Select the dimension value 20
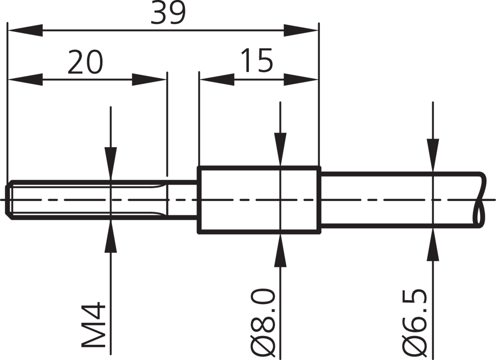pyautogui.click(x=85, y=61)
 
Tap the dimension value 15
pyautogui.click(x=257, y=60)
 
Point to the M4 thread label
pyautogui.click(x=93, y=325)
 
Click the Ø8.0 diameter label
pyautogui.click(x=264, y=323)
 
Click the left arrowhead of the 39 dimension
pyautogui.click(x=25, y=30)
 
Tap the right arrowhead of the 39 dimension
pyautogui.click(x=301, y=30)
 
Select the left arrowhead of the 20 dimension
pyautogui.click(x=25, y=80)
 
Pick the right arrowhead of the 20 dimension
pyautogui.click(x=149, y=80)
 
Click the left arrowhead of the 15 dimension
pyautogui.click(x=217, y=80)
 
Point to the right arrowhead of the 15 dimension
pyautogui.click(x=301, y=80)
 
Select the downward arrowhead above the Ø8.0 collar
pyautogui.click(x=280, y=149)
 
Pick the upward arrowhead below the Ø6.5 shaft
pyautogui.click(x=433, y=244)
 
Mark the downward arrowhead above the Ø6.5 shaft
pyautogui.click(x=433, y=155)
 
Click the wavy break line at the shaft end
pyautogui.click(x=480, y=200)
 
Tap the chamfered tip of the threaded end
pyautogui.click(x=9, y=200)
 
